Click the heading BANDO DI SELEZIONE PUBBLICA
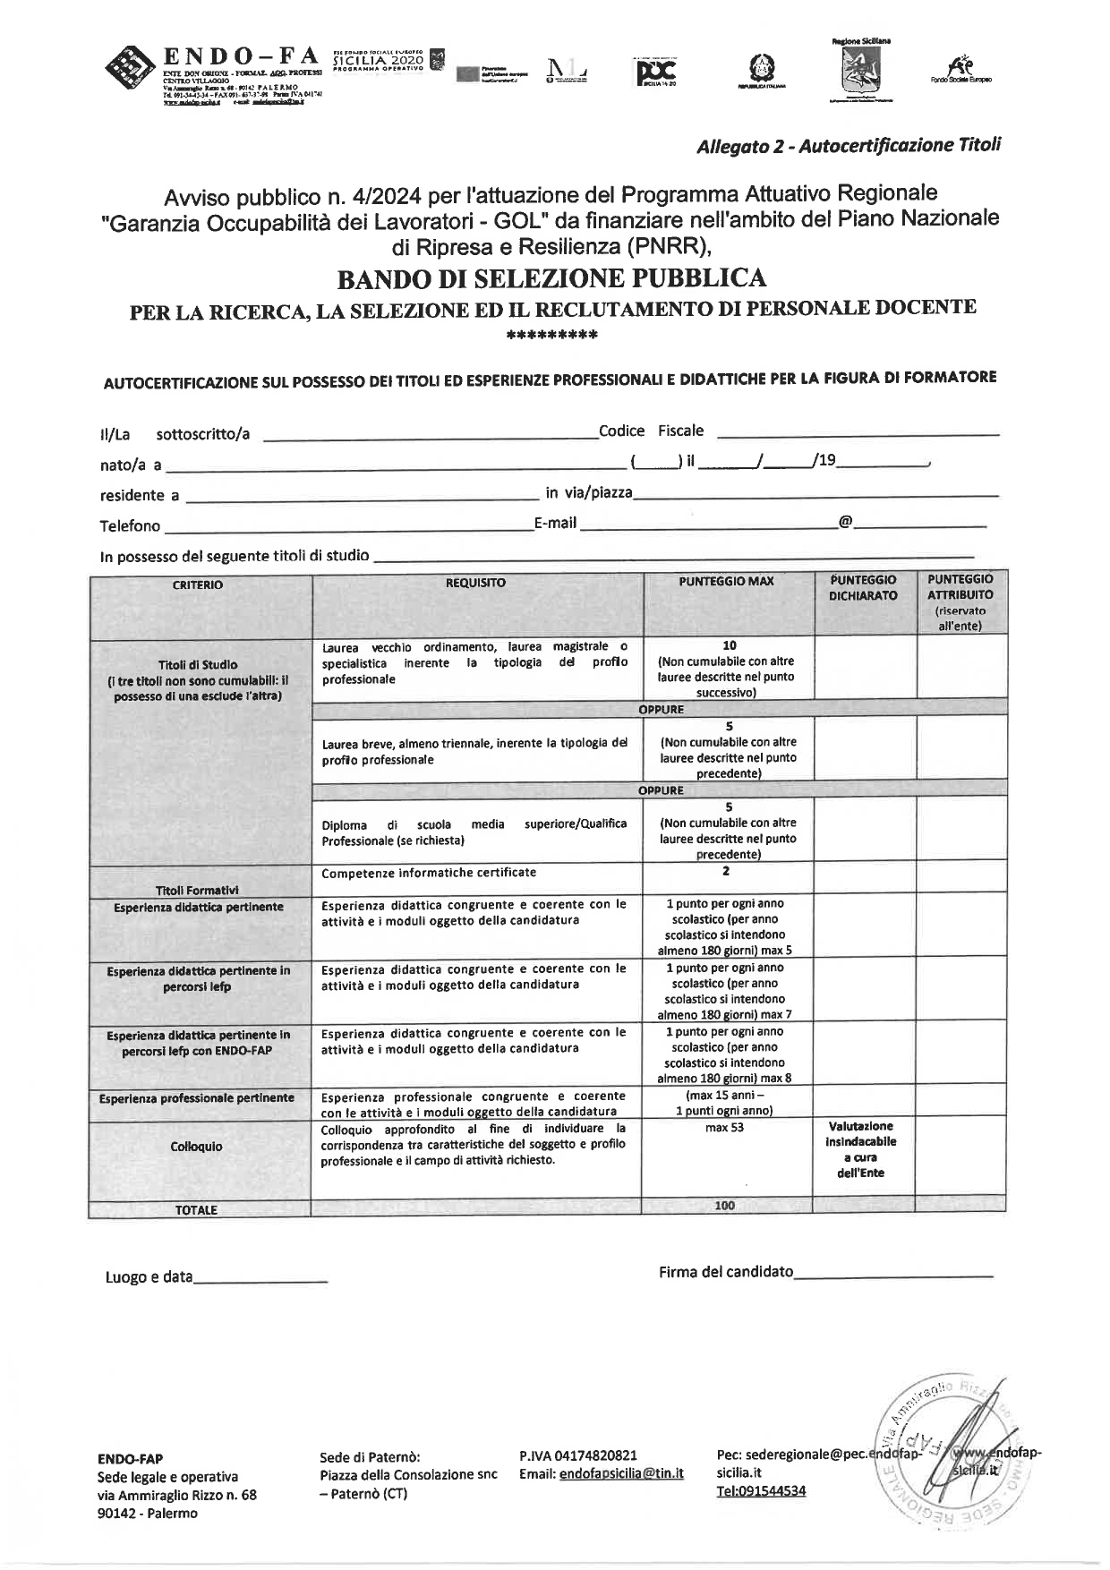551,278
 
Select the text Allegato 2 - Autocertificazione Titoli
849,145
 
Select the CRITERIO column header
198,584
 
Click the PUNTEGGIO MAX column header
726,581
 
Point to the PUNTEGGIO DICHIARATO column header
863,587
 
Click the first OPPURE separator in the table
661,710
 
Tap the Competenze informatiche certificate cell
429,873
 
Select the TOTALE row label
196,1210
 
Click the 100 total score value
725,1206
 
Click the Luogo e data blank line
260,1279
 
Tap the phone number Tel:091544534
761,1490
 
